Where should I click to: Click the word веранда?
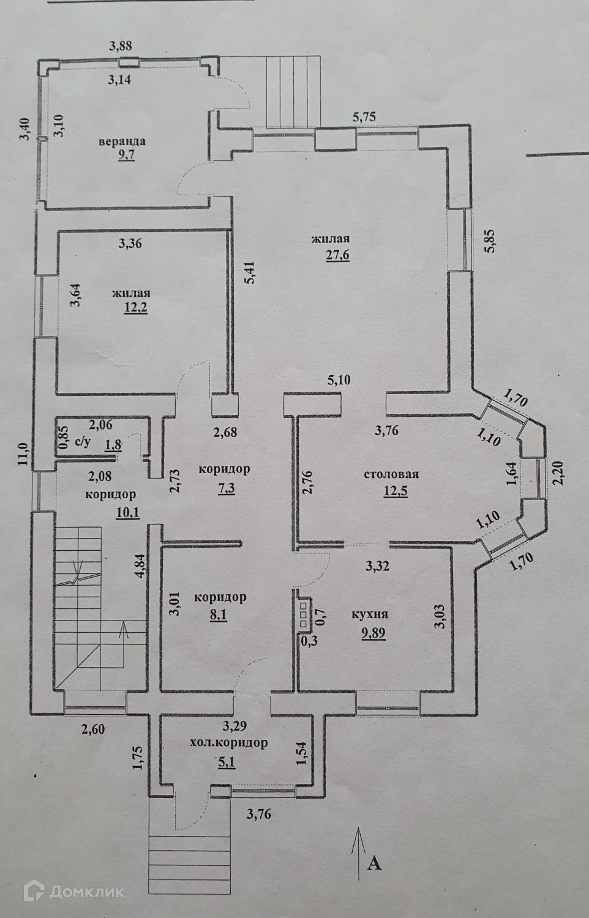pyautogui.click(x=122, y=142)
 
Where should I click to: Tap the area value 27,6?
pyautogui.click(x=338, y=255)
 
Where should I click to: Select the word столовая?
pyautogui.click(x=391, y=474)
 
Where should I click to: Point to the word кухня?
pyautogui.click(x=370, y=614)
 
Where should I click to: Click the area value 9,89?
pyautogui.click(x=373, y=633)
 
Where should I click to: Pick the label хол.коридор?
pyautogui.click(x=229, y=742)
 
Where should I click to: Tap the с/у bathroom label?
pyautogui.click(x=83, y=442)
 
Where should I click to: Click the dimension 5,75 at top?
pyautogui.click(x=364, y=116)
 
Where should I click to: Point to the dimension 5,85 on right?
pyautogui.click(x=490, y=241)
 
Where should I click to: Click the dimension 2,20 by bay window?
pyautogui.click(x=558, y=472)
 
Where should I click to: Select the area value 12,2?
pyautogui.click(x=136, y=307)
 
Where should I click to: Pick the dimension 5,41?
pyautogui.click(x=250, y=272)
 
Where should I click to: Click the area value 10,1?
pyautogui.click(x=128, y=513)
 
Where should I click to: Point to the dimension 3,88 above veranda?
pyautogui.click(x=121, y=45)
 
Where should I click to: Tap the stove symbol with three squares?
pyautogui.click(x=304, y=614)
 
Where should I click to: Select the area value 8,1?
pyautogui.click(x=219, y=616)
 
